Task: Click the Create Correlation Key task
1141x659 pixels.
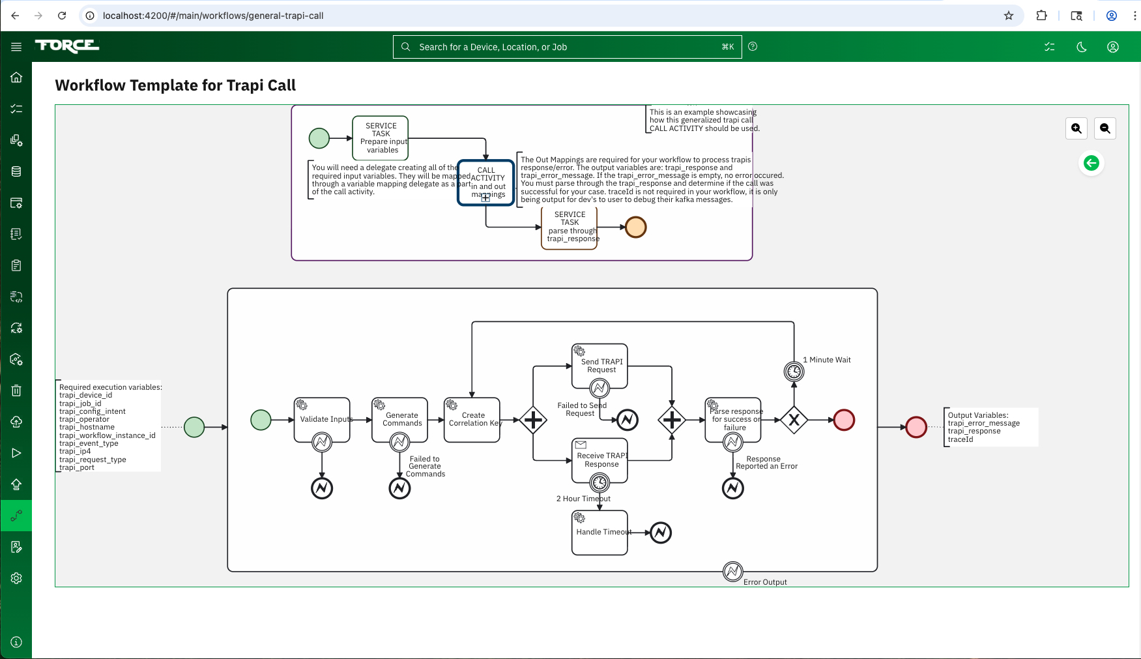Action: pos(472,419)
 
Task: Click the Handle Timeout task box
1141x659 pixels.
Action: pos(599,533)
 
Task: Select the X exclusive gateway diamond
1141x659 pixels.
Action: pos(794,420)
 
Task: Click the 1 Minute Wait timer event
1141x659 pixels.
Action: pos(794,372)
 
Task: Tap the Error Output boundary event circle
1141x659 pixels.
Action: pos(732,572)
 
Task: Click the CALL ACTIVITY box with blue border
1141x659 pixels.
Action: pos(486,183)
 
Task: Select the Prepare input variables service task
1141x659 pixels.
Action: pos(381,138)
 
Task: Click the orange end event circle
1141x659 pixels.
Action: pos(635,227)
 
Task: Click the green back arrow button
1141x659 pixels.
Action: pos(1091,163)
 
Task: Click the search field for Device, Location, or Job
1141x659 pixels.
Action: pos(567,47)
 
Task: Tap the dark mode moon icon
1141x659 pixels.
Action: pos(1081,47)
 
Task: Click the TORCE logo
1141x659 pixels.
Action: pos(67,46)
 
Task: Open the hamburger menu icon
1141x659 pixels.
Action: pos(16,46)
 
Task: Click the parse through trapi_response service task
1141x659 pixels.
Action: pos(570,226)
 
